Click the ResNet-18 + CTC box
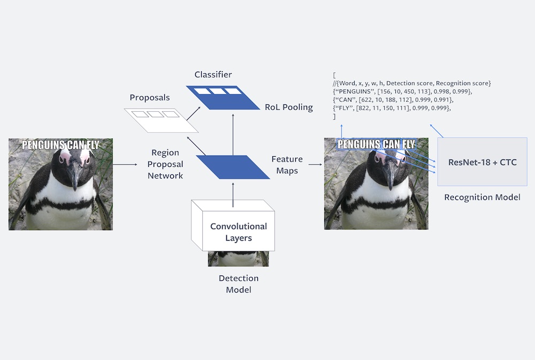coord(482,162)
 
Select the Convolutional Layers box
coord(238,232)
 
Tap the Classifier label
coord(213,74)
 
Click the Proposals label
coord(149,98)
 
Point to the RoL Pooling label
coord(288,107)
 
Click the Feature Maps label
coord(287,165)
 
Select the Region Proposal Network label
coord(165,164)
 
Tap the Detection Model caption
coord(238,284)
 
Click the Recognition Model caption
coord(482,197)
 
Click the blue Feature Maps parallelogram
coord(233,166)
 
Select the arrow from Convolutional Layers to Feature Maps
coord(233,193)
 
